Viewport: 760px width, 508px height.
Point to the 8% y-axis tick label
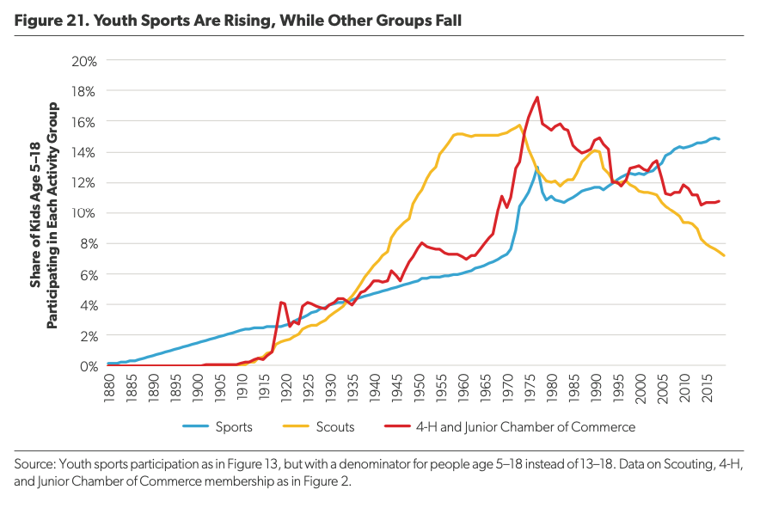click(x=88, y=244)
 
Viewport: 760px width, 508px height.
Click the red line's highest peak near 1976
click(x=537, y=97)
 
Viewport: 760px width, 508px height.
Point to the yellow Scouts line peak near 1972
click(x=519, y=125)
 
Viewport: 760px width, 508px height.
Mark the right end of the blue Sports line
click(x=720, y=139)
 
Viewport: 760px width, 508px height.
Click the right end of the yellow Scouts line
click(x=724, y=255)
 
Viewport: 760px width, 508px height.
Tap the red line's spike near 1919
click(x=282, y=303)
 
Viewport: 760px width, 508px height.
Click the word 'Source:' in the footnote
click(x=36, y=464)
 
